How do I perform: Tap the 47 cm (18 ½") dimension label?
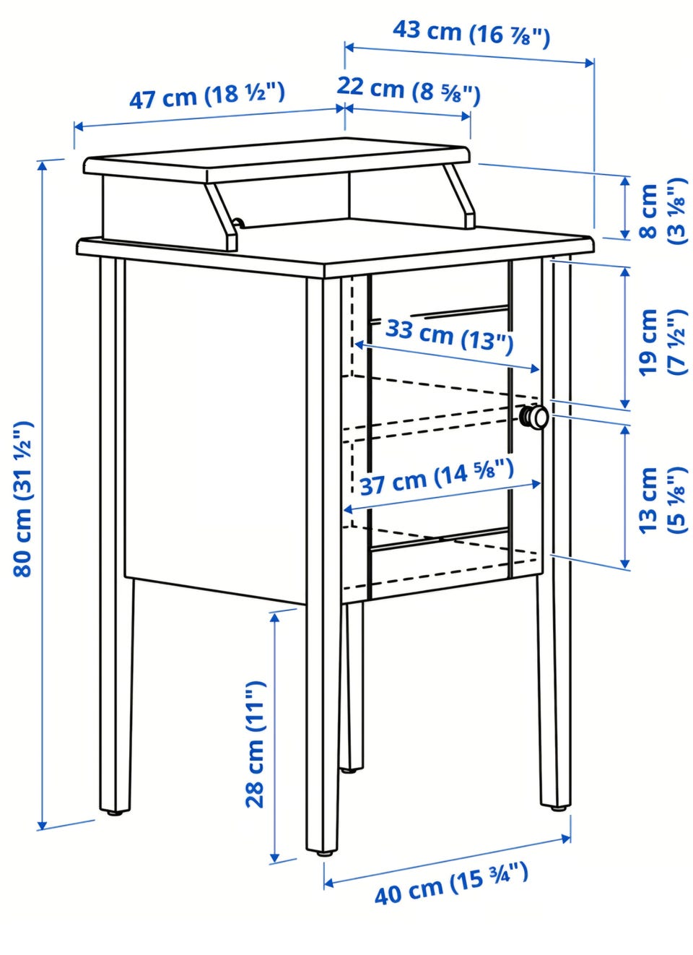(207, 97)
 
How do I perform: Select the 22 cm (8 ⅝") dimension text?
(409, 90)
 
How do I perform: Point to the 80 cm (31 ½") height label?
(22, 499)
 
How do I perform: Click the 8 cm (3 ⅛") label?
(663, 211)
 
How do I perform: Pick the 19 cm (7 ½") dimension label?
(663, 342)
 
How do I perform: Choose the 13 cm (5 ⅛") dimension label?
(663, 499)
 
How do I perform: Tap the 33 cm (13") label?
(449, 337)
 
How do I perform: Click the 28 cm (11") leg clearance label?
(255, 744)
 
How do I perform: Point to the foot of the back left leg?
(114, 813)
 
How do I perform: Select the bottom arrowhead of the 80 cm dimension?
(42, 826)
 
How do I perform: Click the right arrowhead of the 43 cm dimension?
(588, 63)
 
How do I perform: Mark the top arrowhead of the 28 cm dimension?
(275, 618)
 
